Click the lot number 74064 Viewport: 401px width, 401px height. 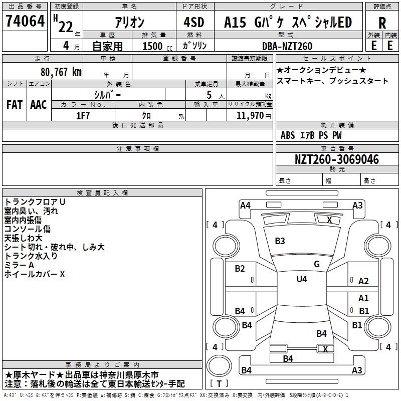coord(25,21)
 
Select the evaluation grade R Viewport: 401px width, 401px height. coord(382,23)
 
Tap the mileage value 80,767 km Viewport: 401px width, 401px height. coord(61,72)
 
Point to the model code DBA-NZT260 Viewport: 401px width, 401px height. coord(287,46)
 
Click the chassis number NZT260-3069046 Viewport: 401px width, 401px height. coord(337,159)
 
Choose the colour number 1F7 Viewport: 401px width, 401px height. coord(83,116)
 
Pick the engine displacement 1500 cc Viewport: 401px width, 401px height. coord(157,46)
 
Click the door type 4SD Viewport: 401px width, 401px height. coord(194,22)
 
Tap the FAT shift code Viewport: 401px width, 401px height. coord(15,105)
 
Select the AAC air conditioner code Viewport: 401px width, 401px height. coord(39,105)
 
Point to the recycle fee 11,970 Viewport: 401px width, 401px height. coord(250,116)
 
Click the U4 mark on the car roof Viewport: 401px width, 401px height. coord(302,279)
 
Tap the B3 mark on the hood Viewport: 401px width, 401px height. coord(280,241)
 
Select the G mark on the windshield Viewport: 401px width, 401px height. coord(317,264)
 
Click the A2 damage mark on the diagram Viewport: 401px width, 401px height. coord(363,281)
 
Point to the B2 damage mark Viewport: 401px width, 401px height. coord(240,269)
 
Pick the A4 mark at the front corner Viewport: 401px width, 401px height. coord(245,206)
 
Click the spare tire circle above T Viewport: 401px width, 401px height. coord(219,365)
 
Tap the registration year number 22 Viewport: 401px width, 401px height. coord(66,27)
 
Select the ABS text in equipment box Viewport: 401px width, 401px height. coord(288,135)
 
